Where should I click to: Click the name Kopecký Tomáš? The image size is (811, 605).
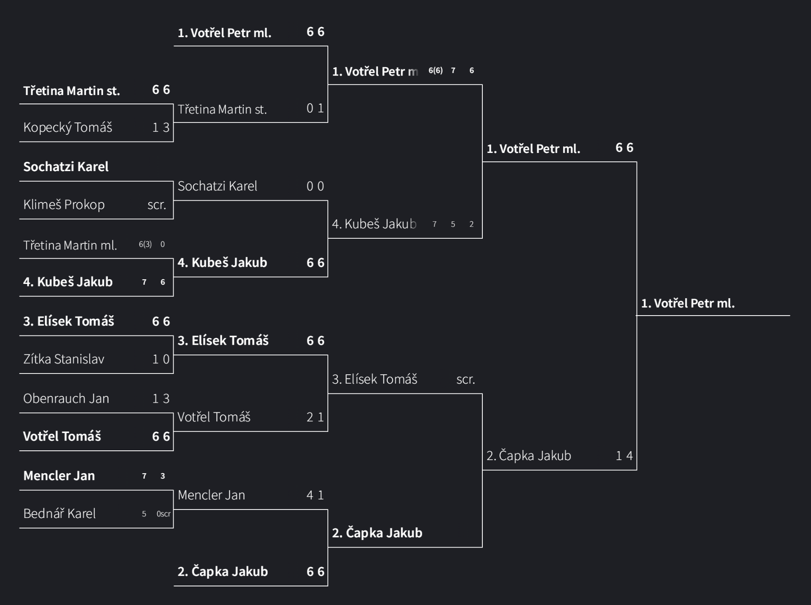pyautogui.click(x=68, y=127)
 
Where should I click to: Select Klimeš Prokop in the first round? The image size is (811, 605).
pyautogui.click(x=64, y=204)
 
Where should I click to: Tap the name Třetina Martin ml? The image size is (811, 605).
pyautogui.click(x=70, y=245)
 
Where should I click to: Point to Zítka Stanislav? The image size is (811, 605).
pyautogui.click(x=64, y=359)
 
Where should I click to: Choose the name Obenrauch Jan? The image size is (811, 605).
pyautogui.click(x=66, y=398)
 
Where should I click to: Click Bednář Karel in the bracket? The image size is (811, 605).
pyautogui.click(x=60, y=513)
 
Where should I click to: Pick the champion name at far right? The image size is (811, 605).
pyautogui.click(x=688, y=303)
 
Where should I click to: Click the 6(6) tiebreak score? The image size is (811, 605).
pyautogui.click(x=435, y=71)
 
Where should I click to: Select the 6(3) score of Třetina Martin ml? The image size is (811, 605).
pyautogui.click(x=145, y=244)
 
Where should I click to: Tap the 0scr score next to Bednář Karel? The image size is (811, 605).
pyautogui.click(x=163, y=514)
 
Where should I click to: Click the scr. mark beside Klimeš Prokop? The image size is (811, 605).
pyautogui.click(x=157, y=205)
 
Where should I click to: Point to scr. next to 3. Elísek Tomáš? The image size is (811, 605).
pyautogui.click(x=465, y=379)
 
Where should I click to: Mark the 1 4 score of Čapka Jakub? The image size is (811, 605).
pyautogui.click(x=624, y=455)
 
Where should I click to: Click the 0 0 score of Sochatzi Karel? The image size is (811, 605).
pyautogui.click(x=315, y=186)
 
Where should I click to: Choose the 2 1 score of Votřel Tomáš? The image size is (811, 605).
pyautogui.click(x=315, y=417)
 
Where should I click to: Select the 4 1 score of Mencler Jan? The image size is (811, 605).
pyautogui.click(x=315, y=495)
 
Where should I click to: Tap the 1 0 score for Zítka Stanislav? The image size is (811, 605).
pyautogui.click(x=161, y=359)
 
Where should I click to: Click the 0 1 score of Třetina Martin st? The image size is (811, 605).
pyautogui.click(x=315, y=108)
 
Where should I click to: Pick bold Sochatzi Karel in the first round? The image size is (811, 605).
pyautogui.click(x=66, y=166)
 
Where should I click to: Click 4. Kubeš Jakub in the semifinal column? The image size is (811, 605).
pyautogui.click(x=374, y=224)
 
